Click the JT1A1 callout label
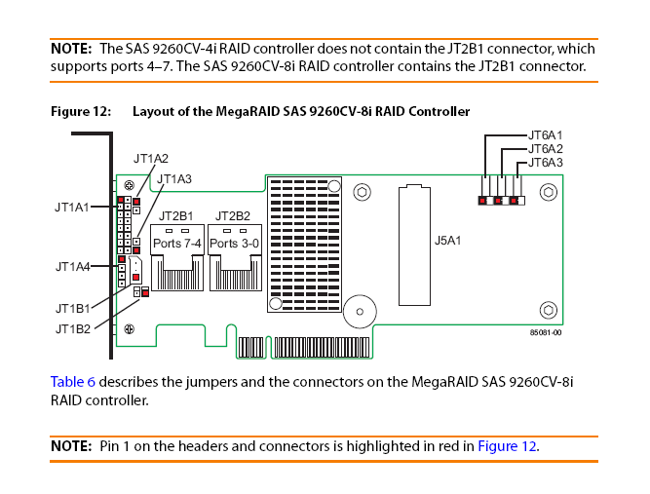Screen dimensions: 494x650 (72, 207)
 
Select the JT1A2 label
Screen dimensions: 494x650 (151, 158)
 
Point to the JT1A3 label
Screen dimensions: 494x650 (174, 179)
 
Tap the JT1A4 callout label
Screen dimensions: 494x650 (73, 266)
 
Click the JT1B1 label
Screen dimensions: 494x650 (73, 309)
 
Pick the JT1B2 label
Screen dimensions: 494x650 (73, 329)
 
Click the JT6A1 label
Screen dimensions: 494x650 (545, 134)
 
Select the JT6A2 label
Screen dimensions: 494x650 (545, 148)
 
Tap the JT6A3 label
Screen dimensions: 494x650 (545, 163)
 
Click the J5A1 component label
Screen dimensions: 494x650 (446, 238)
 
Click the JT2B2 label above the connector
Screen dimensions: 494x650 (233, 215)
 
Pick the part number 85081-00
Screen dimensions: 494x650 (546, 332)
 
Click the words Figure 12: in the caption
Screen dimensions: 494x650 (79, 111)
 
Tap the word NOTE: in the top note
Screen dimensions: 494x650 (71, 48)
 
